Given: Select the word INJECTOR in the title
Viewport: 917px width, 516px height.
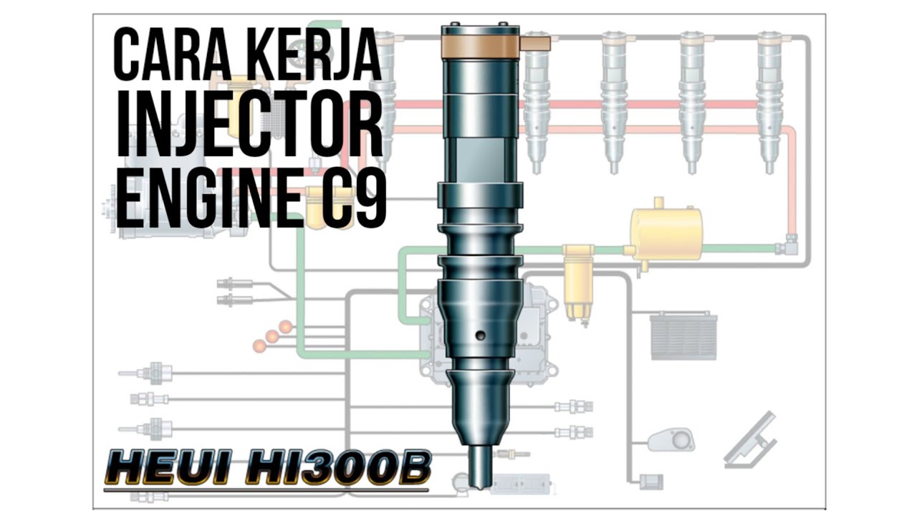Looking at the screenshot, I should click(x=249, y=129).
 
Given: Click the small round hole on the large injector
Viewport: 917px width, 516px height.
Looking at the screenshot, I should click(x=480, y=335).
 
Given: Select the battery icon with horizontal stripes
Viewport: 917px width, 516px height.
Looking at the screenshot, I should click(x=683, y=335).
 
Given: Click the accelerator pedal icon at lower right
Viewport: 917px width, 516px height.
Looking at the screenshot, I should click(x=749, y=439).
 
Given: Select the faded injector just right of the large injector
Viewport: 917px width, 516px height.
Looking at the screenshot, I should click(x=536, y=100).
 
